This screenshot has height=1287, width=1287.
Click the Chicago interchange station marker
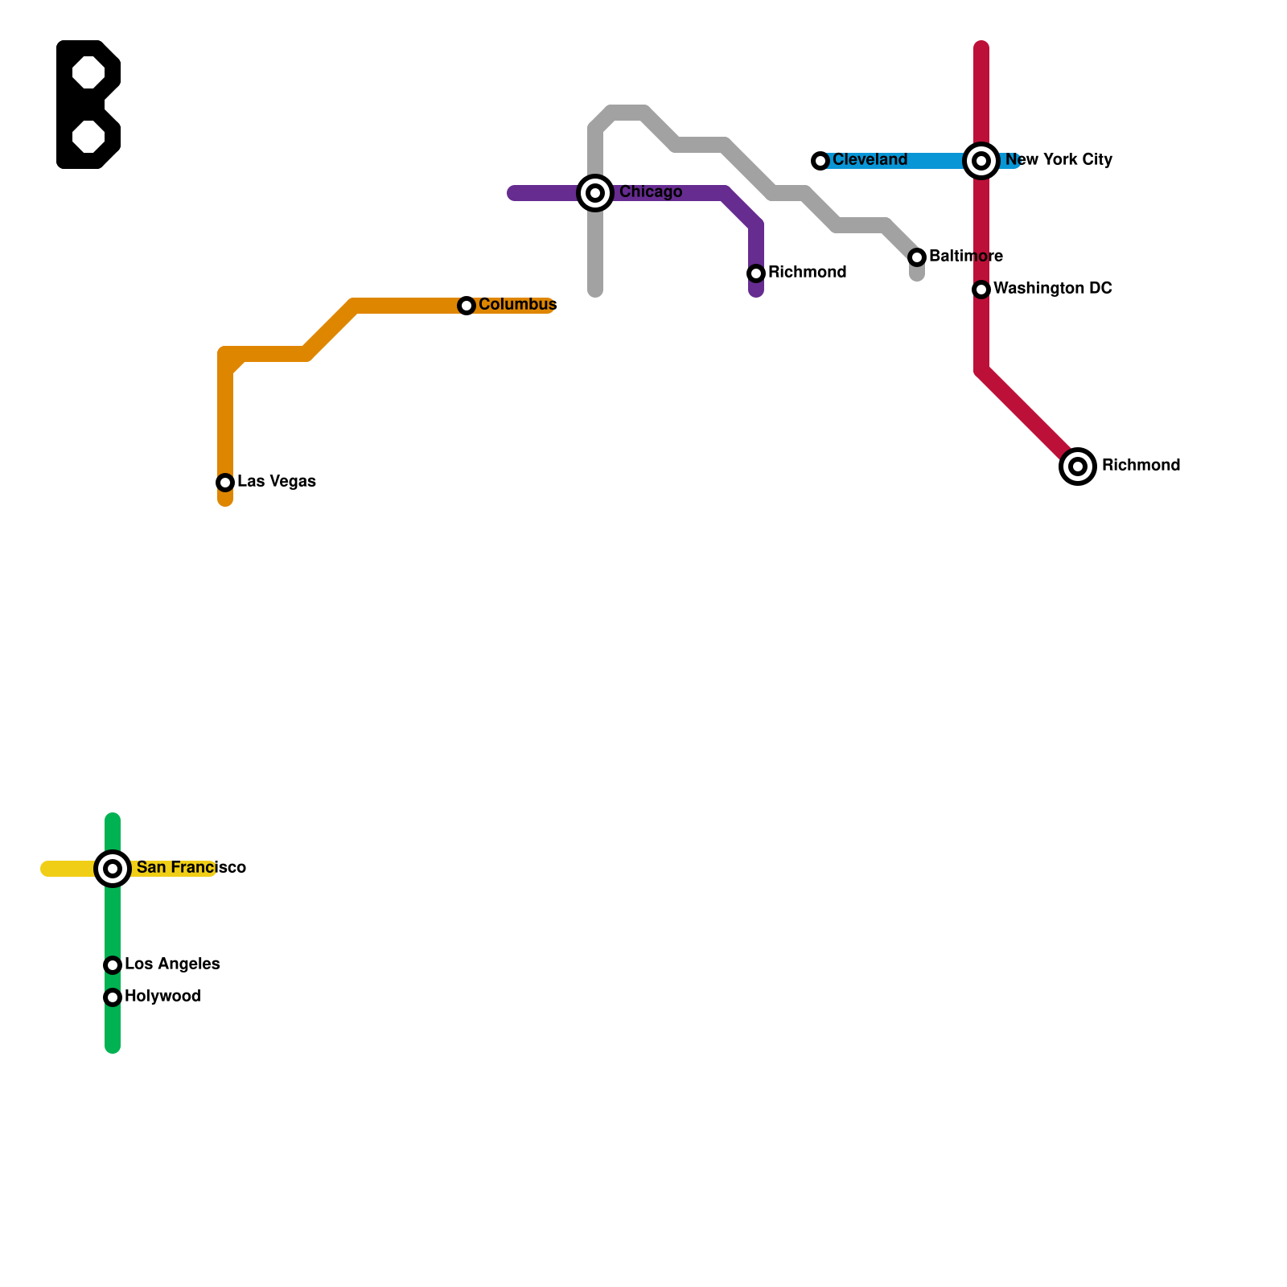point(595,193)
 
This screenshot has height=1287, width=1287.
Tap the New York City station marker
point(981,161)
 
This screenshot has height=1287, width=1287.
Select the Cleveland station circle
point(820,161)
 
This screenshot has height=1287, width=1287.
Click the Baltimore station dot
point(917,257)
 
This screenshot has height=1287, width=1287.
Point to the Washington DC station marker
point(981,290)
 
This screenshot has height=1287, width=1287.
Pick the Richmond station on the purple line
point(756,273)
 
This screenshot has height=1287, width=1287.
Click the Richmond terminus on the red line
point(1078,467)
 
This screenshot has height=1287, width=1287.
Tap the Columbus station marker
point(467,306)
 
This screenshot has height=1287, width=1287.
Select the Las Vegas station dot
point(225,483)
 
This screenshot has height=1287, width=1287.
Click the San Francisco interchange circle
point(113,869)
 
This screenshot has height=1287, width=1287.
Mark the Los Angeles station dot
point(113,965)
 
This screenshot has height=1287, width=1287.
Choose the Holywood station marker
point(113,997)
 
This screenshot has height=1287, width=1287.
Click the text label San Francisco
point(191,868)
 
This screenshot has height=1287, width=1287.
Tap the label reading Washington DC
point(1052,289)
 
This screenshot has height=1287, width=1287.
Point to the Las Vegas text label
point(277,482)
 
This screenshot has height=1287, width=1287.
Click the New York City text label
point(1059,160)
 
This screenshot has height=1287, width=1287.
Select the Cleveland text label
point(870,160)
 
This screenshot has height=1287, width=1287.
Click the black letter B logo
point(88,105)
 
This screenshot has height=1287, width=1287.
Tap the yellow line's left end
point(47,869)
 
